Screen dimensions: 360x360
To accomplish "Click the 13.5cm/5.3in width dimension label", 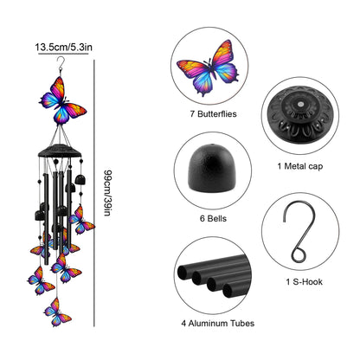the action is (64, 47).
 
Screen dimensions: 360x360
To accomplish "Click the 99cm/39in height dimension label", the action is (107, 193).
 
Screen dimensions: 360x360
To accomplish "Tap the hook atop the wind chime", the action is (61, 65).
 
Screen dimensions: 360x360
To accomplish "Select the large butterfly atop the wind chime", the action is (62, 100).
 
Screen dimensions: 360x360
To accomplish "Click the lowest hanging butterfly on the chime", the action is (57, 312).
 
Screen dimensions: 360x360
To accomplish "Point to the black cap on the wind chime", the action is (60, 151).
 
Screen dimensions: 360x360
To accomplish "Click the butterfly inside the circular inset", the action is (209, 68).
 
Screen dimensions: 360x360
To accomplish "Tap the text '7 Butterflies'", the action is (213, 114).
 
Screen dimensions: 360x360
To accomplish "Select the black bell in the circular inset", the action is (212, 168).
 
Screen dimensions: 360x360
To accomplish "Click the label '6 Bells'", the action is (213, 218).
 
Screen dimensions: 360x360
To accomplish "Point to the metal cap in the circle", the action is (300, 115).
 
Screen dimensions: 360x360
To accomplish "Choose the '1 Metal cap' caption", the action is (300, 166).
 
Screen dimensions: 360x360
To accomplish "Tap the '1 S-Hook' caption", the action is (304, 281).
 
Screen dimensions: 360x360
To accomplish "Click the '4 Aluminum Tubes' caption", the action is (218, 324).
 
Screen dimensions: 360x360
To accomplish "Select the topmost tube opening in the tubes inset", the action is (183, 273).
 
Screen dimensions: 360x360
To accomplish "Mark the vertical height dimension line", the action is (94, 193).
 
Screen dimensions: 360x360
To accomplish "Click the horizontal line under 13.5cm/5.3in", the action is (63, 54).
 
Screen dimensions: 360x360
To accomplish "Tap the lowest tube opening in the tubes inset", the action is (228, 291).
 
